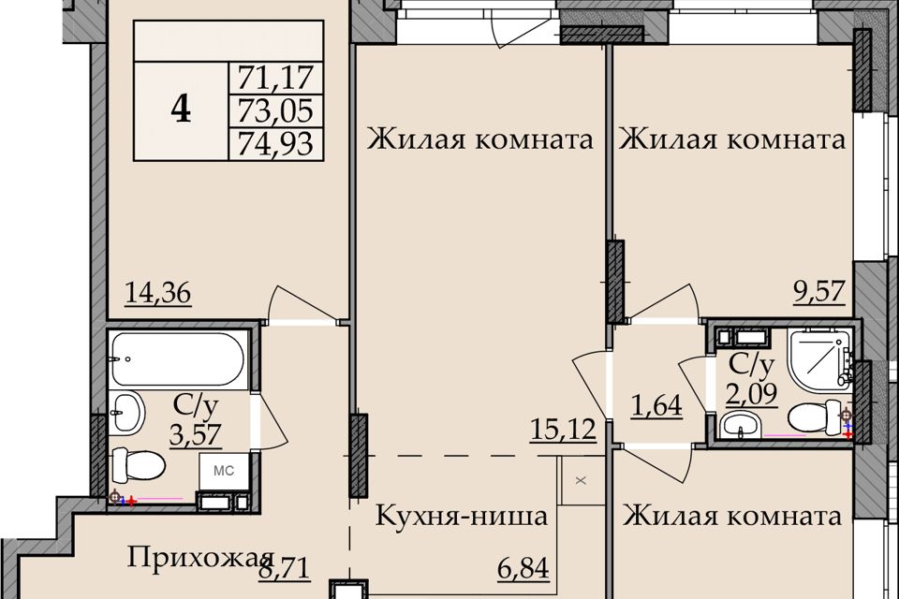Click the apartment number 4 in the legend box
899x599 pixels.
point(181,110)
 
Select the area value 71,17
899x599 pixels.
point(275,78)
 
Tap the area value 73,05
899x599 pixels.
point(275,110)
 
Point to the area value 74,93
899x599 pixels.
point(275,143)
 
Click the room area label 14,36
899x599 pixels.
point(158,294)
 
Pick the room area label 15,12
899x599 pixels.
point(563,429)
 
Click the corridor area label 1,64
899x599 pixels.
point(657,405)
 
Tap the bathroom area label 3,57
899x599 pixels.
point(196,433)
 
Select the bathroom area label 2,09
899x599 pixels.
point(752,394)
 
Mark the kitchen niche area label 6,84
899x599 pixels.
point(523,569)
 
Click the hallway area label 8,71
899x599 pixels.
point(285,569)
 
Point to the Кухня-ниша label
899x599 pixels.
point(462,516)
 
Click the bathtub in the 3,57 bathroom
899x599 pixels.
point(178,359)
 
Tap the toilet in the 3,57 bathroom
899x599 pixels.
point(139,466)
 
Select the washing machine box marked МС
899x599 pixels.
point(224,471)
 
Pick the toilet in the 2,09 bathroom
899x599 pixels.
point(817,417)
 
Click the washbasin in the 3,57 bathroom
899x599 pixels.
point(126,412)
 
